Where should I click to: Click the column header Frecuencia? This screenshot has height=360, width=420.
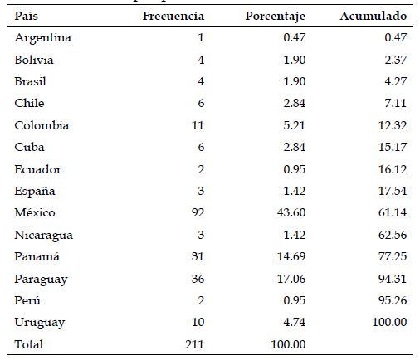174,17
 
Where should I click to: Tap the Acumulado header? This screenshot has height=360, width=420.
374,17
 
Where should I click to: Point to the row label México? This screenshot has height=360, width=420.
34,213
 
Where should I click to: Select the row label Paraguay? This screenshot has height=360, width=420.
39,279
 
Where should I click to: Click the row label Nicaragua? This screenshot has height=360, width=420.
42,235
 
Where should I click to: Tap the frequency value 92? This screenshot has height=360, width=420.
196,213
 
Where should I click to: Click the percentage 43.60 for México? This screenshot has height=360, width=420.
291,213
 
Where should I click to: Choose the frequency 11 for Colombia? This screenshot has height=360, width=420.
197,126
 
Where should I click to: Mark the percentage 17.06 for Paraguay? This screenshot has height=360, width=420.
291,279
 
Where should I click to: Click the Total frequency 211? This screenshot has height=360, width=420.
193,344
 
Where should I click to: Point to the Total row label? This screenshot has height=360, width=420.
29,344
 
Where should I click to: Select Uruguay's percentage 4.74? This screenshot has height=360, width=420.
294,323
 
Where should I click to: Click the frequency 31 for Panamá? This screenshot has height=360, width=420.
196,257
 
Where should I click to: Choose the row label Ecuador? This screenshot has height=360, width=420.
37,169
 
